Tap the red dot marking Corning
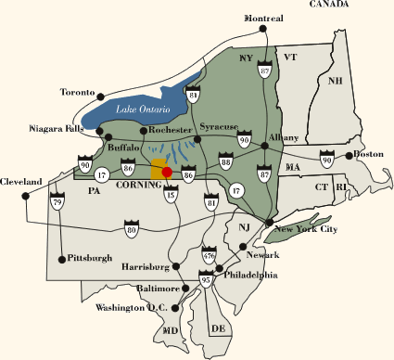[x=167, y=172]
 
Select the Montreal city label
[x=263, y=19]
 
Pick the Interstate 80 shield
[x=131, y=225]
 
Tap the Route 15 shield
[x=171, y=195]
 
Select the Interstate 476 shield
[x=208, y=251]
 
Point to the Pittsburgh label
[x=90, y=257]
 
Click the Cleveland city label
[x=21, y=181]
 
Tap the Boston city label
[x=368, y=154]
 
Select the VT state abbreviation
[x=289, y=58]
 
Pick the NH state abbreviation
[x=336, y=81]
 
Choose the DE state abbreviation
[x=219, y=328]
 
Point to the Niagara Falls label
[x=57, y=129]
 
